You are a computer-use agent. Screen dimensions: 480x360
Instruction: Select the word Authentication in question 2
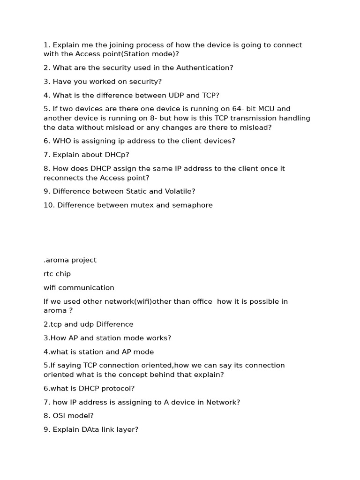[x=204, y=67]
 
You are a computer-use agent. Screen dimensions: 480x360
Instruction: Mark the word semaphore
[x=192, y=205]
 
